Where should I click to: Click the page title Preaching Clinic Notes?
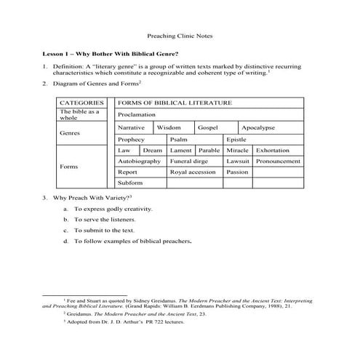click(180, 35)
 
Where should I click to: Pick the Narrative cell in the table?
click(132, 127)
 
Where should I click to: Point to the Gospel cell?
click(208, 127)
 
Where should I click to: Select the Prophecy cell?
click(132, 139)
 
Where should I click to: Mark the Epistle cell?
click(237, 139)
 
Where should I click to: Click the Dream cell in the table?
click(152, 150)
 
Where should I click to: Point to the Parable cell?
click(209, 150)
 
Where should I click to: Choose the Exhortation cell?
click(273, 150)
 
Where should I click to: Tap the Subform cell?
click(130, 183)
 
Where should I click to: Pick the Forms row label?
click(70, 167)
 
